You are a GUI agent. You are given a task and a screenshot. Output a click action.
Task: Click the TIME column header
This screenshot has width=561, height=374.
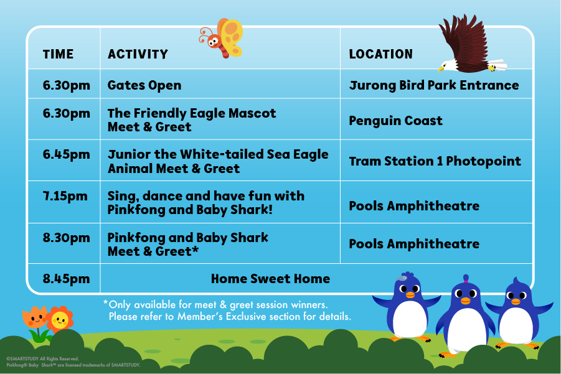tap(58, 54)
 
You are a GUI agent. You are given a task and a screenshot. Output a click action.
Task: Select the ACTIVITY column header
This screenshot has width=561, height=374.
tap(138, 54)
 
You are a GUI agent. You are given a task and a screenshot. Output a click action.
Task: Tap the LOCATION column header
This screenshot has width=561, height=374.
tap(380, 54)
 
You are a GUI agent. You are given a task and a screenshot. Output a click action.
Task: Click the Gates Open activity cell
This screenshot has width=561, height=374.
tap(144, 85)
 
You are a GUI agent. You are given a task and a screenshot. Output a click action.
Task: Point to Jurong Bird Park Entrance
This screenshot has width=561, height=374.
tap(434, 85)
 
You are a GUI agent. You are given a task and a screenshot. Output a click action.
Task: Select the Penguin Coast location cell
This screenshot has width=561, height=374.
tap(396, 121)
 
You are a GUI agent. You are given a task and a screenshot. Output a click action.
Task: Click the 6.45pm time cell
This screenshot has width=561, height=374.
tap(66, 154)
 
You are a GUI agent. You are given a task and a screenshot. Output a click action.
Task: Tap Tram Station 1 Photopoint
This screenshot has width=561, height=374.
tap(435, 161)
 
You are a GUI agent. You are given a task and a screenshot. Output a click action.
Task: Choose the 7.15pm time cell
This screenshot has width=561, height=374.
tap(65, 196)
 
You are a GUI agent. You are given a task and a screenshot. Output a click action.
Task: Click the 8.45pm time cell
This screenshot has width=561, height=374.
tap(66, 279)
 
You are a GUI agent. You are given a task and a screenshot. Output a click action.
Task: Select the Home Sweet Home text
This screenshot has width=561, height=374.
tap(270, 279)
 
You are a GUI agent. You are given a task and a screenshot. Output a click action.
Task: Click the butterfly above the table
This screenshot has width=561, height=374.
tap(222, 38)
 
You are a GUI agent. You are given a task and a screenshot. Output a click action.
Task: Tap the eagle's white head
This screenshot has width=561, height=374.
tap(447, 66)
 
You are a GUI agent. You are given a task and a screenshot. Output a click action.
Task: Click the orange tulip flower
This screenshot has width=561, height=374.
tap(35, 317)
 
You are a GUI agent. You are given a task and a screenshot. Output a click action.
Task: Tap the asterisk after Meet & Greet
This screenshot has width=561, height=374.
tap(196, 249)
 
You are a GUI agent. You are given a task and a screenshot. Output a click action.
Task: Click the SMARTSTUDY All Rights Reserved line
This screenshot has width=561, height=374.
tap(42, 358)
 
